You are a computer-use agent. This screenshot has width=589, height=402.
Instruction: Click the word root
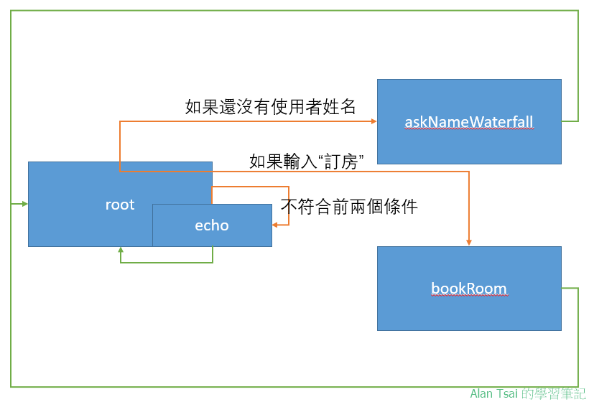[x=120, y=205]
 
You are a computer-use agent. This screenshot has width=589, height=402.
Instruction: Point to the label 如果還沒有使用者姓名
[x=271, y=108]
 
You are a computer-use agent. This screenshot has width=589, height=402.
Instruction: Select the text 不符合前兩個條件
[x=349, y=207]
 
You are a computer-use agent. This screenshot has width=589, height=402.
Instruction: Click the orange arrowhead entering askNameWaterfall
[x=373, y=121]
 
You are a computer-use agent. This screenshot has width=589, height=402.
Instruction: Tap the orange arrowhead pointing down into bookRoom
[x=469, y=243]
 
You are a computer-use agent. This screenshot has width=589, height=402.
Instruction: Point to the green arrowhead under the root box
[x=120, y=251]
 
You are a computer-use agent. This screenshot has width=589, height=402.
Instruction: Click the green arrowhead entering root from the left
[x=24, y=205]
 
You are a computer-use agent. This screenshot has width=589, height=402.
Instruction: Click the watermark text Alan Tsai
[x=494, y=393]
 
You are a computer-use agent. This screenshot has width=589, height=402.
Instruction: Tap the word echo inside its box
[x=212, y=225]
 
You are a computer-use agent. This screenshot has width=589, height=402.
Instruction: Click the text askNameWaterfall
[x=469, y=122]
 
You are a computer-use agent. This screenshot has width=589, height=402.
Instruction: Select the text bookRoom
[x=469, y=289]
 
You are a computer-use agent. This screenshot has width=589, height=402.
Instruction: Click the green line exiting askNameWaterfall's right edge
[x=570, y=121]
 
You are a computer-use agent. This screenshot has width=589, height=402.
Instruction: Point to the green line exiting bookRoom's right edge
[x=570, y=289]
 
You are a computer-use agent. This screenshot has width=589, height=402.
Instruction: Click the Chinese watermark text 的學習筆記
[x=555, y=393]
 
